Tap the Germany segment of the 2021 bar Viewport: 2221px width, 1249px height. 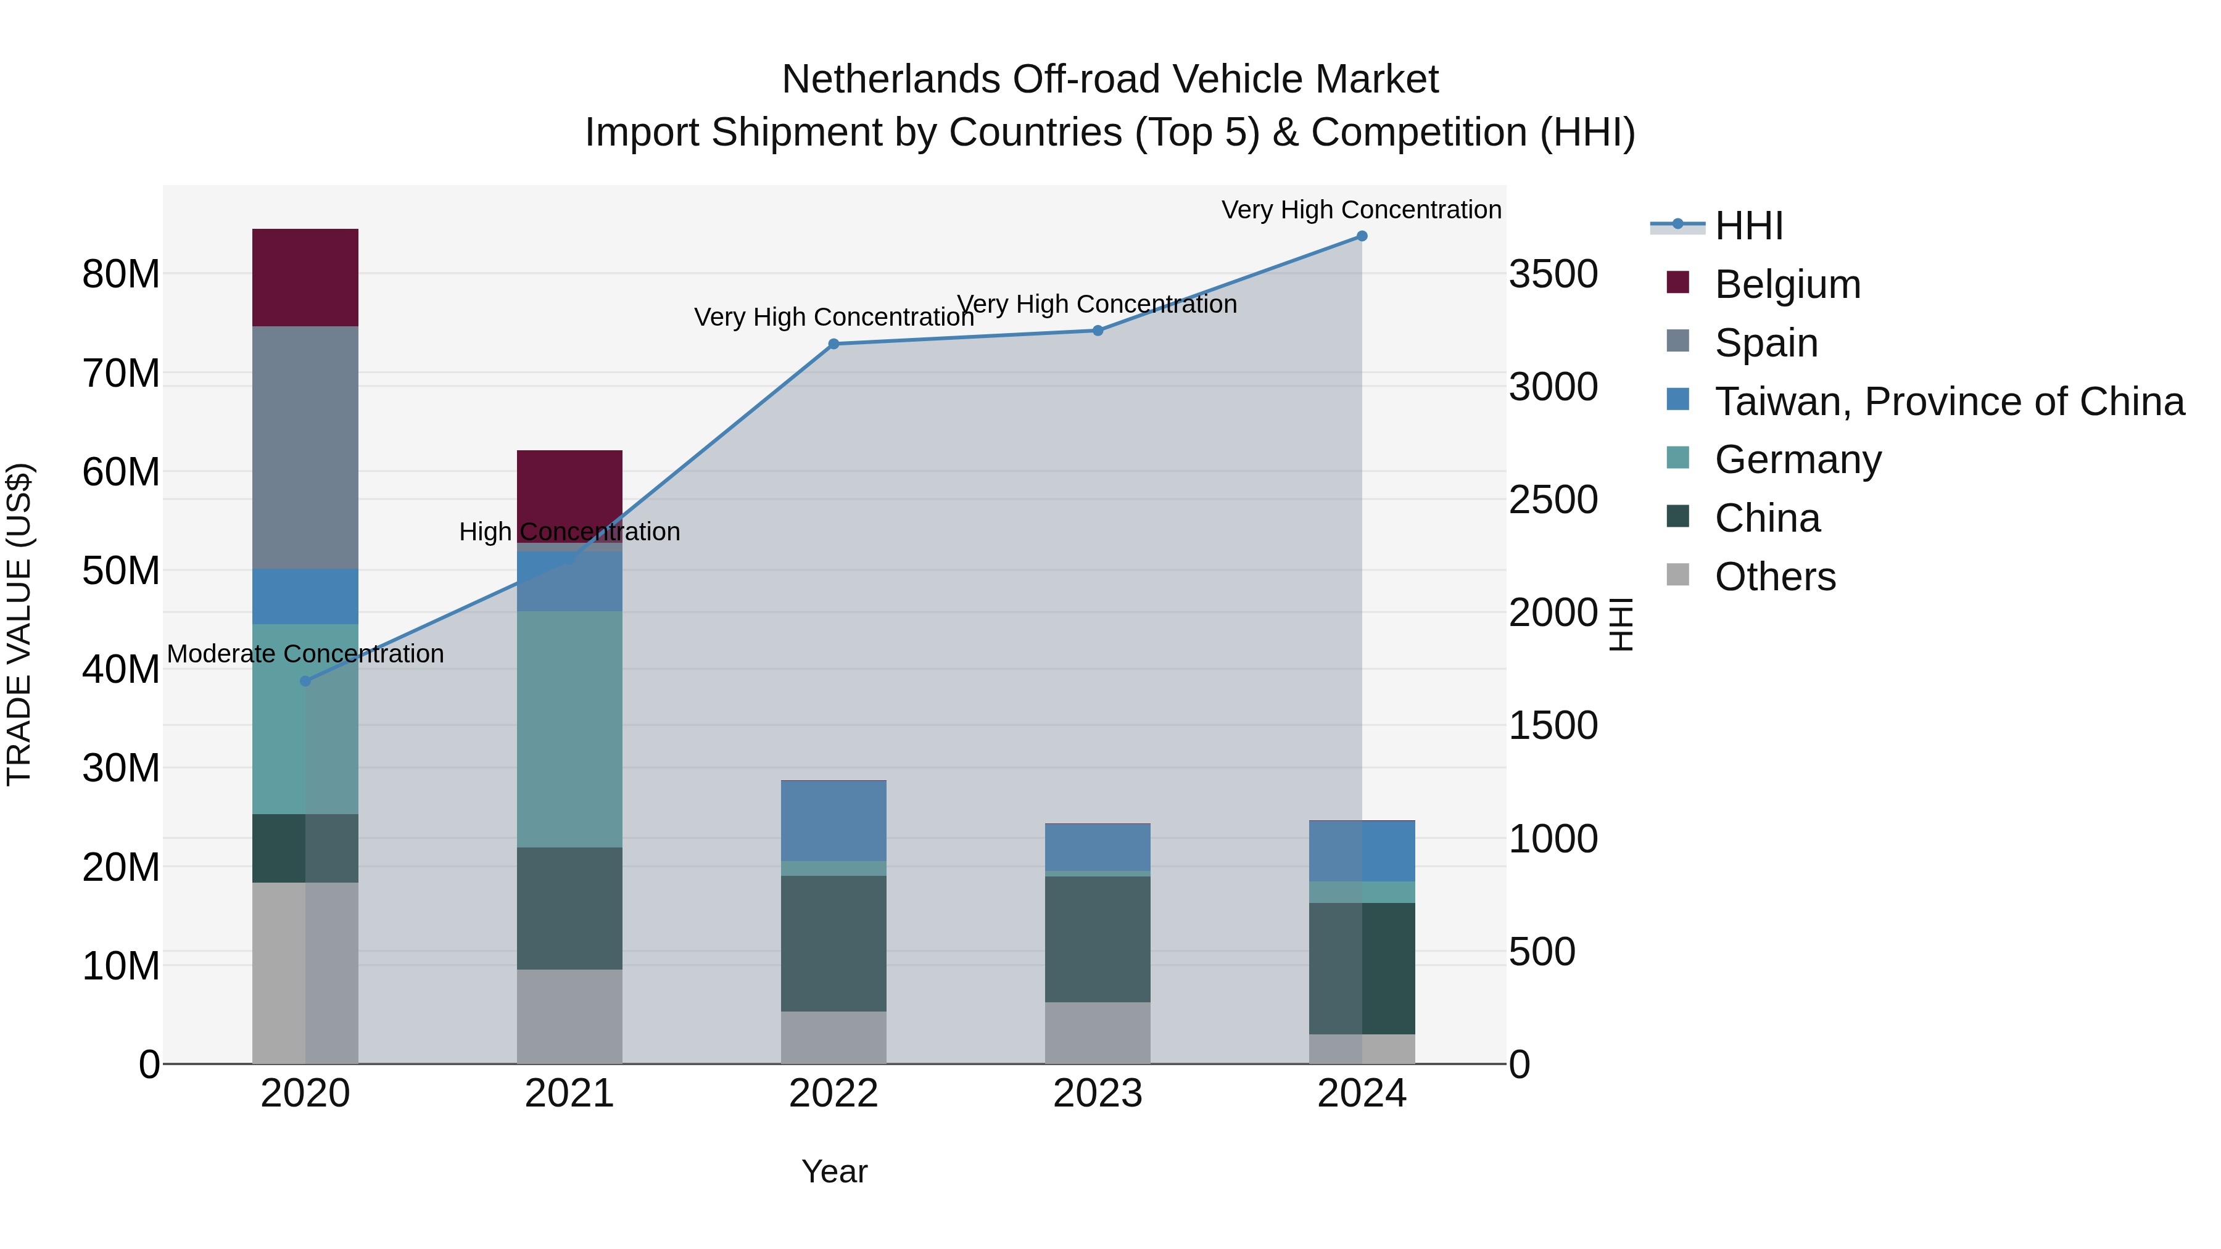coord(569,728)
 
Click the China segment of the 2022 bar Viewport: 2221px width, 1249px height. coord(833,943)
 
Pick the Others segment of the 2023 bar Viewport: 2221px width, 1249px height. coord(1098,1032)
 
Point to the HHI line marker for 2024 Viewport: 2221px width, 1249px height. coord(1362,236)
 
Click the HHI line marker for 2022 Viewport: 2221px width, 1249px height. coord(833,344)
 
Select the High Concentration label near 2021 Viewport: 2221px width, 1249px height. coord(569,531)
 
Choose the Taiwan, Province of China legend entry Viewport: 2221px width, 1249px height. coord(1948,401)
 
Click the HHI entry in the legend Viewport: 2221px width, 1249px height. coord(1748,226)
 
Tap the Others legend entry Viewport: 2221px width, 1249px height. coord(1774,576)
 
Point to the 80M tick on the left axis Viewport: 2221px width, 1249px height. coord(121,274)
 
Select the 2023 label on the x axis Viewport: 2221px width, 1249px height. coord(1098,1093)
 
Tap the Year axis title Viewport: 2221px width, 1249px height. coord(833,1171)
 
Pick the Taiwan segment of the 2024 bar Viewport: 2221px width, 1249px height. coord(1362,851)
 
